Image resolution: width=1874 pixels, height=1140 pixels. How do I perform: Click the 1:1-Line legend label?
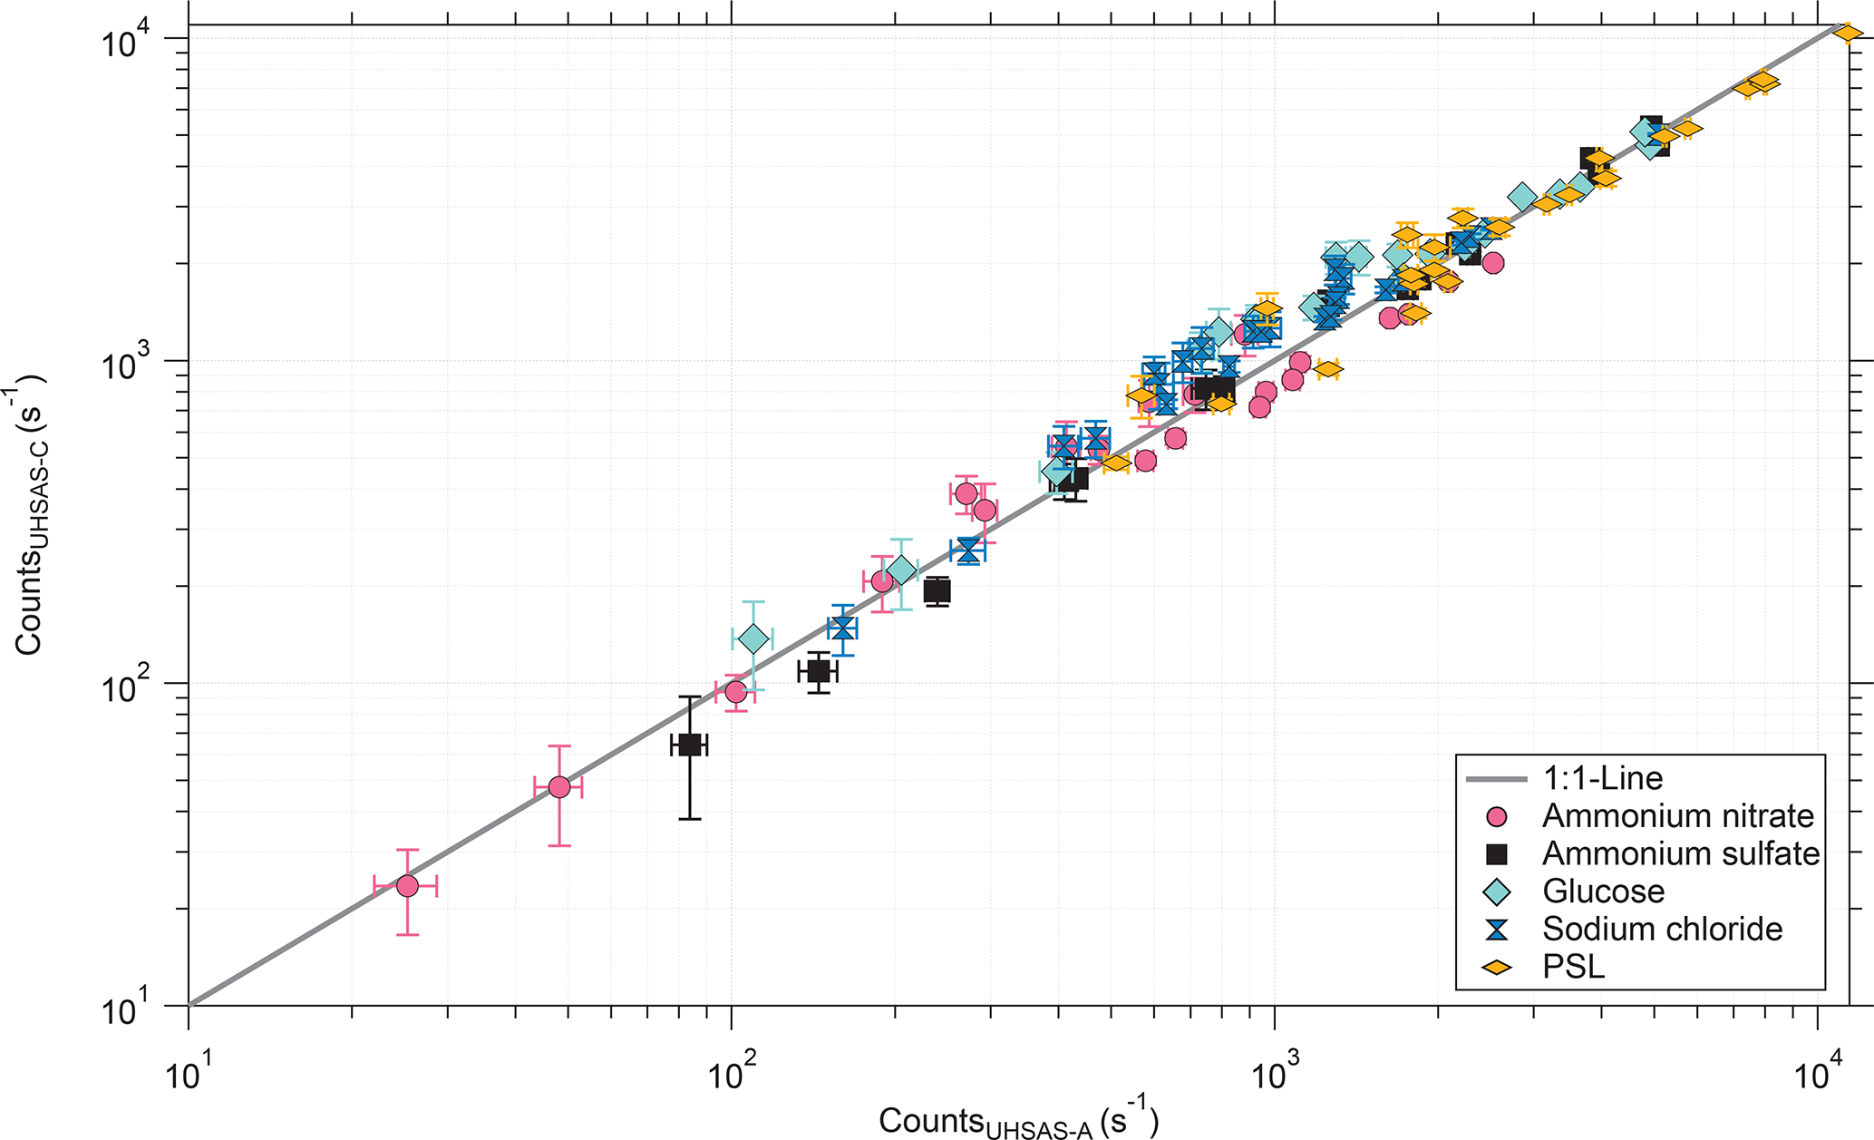click(x=1603, y=778)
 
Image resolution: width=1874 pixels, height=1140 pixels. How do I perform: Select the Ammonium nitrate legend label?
click(x=1677, y=816)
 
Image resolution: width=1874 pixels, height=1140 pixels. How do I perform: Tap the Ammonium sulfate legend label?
click(x=1681, y=853)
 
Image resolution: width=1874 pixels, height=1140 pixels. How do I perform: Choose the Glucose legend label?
click(x=1603, y=892)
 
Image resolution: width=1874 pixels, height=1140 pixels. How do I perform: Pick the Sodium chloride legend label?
click(x=1662, y=929)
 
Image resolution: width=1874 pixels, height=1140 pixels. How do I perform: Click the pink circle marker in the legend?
click(x=1497, y=817)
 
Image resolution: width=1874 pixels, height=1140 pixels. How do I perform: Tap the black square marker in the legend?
click(x=1497, y=854)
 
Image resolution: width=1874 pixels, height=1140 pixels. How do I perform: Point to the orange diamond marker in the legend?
click(x=1497, y=968)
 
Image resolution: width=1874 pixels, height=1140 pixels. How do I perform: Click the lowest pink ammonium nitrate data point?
click(x=407, y=886)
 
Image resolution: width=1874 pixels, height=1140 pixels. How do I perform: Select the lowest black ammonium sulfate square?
click(x=689, y=745)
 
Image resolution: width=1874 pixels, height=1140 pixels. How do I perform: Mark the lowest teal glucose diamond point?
click(x=753, y=639)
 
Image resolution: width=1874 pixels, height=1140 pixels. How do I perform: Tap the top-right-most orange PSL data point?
click(x=1847, y=34)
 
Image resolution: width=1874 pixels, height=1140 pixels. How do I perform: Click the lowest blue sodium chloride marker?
click(x=841, y=628)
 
